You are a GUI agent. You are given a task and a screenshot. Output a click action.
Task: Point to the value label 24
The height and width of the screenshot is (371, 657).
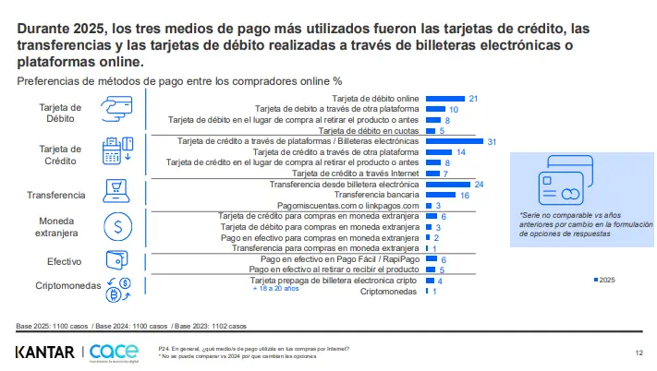coord(479,185)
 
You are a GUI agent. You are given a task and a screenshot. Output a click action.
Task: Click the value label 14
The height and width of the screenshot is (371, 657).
coord(460,152)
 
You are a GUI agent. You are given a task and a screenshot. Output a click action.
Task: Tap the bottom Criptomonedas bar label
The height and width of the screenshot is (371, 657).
coord(388,292)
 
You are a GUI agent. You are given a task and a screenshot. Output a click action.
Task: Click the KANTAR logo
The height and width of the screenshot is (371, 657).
coord(45,352)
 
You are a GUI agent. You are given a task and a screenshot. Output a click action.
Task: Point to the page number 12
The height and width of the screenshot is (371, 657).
coord(639,353)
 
